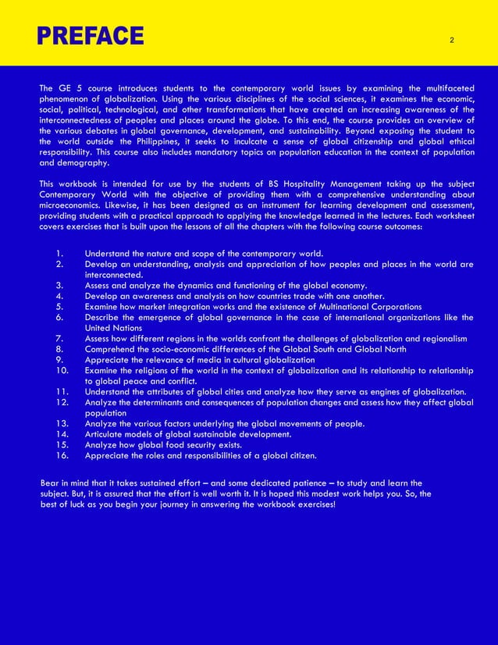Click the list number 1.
[x=59, y=254]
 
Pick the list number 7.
[x=59, y=338]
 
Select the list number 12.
[x=62, y=402]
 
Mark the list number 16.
[x=62, y=455]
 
